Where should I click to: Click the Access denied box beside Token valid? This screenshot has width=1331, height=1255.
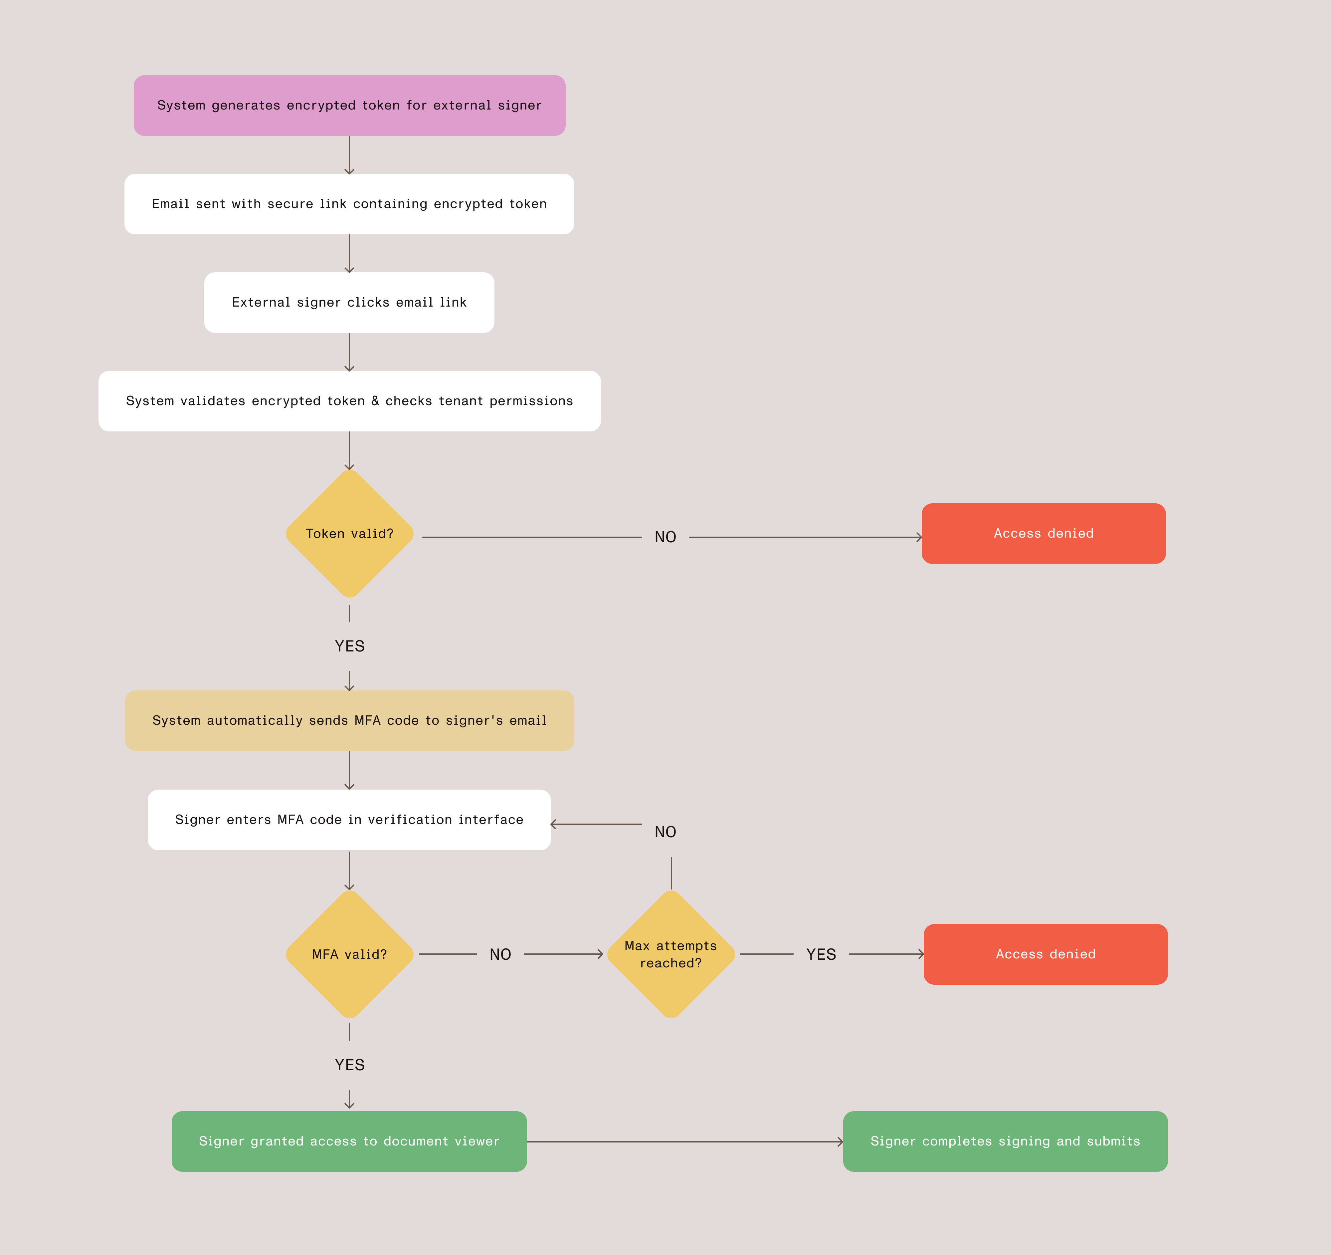click(x=1043, y=533)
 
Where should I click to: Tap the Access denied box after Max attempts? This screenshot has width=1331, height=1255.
click(x=1045, y=954)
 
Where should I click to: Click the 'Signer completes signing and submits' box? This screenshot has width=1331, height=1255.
click(x=1005, y=1140)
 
